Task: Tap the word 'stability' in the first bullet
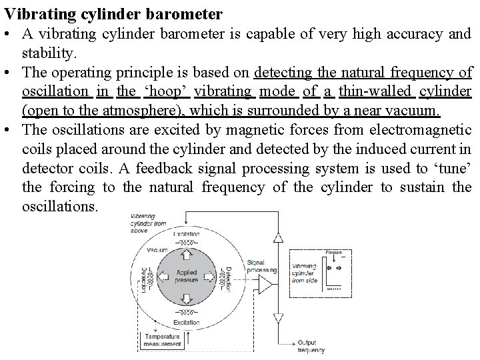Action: click(x=47, y=52)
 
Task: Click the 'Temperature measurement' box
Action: click(x=162, y=341)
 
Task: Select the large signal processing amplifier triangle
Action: click(x=265, y=285)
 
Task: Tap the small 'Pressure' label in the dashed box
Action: click(x=333, y=253)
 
